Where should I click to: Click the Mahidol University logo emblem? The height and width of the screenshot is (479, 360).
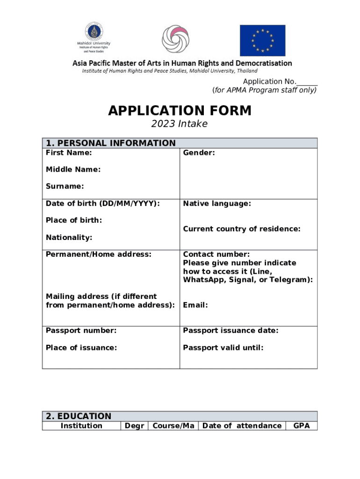pos(94,32)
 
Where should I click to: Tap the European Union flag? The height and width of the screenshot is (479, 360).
pos(262,40)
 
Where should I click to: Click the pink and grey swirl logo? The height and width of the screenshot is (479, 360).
pos(175,39)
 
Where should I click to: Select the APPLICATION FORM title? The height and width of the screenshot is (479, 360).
pos(180,111)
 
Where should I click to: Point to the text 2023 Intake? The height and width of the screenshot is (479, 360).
pos(180,124)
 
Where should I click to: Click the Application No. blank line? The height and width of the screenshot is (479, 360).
pos(307,82)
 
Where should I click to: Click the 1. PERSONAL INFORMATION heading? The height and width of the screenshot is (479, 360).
pos(110,143)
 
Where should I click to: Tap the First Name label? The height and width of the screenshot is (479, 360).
pos(69,153)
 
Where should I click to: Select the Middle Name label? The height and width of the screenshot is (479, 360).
pos(73,170)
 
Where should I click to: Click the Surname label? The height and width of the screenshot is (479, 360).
pos(65,187)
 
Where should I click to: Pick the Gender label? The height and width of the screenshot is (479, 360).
pos(199,153)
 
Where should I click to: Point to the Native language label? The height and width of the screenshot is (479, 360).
pos(217,203)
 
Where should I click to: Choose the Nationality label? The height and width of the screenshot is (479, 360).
pos(69,238)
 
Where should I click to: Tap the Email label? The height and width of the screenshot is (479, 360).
pos(195,305)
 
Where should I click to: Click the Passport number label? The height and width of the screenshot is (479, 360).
pos(81,331)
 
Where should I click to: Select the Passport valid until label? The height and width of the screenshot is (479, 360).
pos(223,348)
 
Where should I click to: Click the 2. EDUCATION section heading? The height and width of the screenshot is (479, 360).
pos(79,416)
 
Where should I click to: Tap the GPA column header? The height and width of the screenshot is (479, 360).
pos(302,426)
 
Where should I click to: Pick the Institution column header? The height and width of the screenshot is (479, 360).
pos(81,426)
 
